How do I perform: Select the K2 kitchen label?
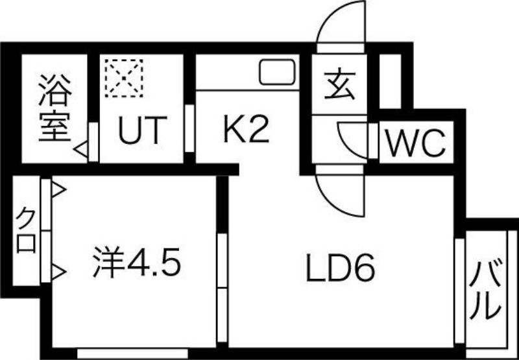point(246,130)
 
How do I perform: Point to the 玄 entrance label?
point(340,86)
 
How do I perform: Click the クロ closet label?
point(27,232)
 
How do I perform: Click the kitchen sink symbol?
point(278,72)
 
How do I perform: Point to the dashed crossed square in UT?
point(123,78)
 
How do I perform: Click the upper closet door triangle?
point(58,191)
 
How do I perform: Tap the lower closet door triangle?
point(58,270)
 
